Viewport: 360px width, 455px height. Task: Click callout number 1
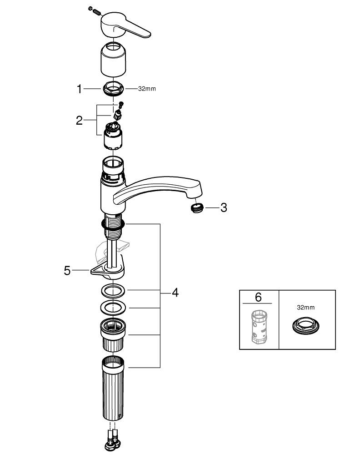(79, 89)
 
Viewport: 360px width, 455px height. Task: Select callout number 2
(79, 121)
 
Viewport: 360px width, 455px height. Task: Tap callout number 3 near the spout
(224, 207)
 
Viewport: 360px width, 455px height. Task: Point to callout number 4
(175, 293)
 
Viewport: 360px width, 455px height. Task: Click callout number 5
(67, 271)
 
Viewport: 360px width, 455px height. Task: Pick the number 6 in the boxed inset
(258, 297)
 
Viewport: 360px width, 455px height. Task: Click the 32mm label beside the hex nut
(147, 89)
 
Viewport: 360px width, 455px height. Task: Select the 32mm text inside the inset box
(305, 307)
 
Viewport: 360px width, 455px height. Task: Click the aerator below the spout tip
(198, 208)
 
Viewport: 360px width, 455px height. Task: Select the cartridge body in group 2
(113, 136)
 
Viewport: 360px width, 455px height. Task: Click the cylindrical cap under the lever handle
(113, 59)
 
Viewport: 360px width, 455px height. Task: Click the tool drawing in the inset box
(259, 327)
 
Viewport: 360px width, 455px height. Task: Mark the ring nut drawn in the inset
(305, 325)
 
